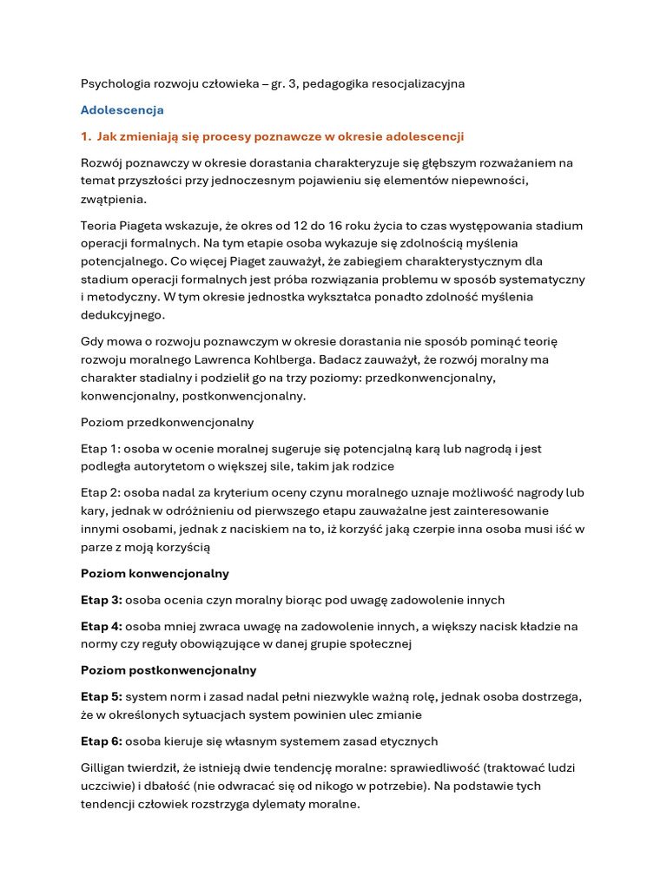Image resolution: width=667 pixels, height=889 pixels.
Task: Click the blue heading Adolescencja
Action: [x=122, y=110]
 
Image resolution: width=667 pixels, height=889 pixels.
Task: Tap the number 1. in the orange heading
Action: [x=86, y=136]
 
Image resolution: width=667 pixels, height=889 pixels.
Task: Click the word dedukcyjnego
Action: [x=122, y=315]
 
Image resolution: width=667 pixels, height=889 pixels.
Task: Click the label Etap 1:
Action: [x=100, y=449]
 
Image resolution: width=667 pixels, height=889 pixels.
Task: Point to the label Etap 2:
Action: [x=100, y=493]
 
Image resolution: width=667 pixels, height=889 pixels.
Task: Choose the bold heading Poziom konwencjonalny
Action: [x=155, y=574]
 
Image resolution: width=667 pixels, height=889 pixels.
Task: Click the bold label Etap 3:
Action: [x=101, y=600]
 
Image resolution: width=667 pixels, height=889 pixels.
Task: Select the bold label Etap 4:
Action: [x=101, y=626]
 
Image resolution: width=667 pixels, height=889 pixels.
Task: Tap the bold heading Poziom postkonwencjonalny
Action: [x=168, y=670]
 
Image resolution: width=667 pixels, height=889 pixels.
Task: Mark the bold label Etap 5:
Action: [x=101, y=697]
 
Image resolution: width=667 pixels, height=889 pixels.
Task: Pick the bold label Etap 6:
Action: [x=101, y=741]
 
